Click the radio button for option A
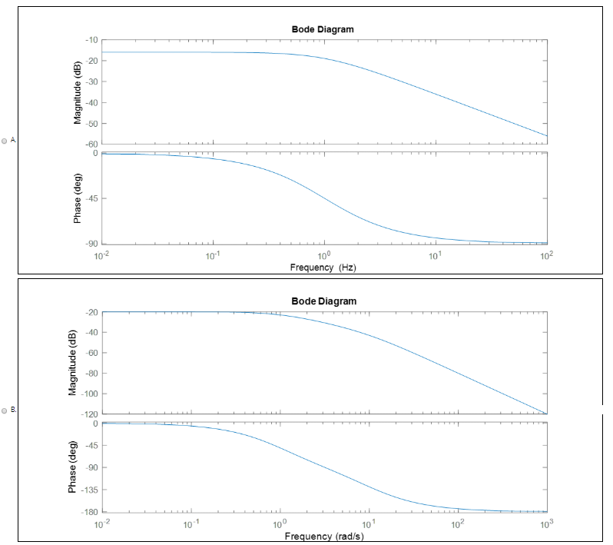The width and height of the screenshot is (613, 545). pyautogui.click(x=5, y=141)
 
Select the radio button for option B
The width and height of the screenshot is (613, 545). pyautogui.click(x=5, y=410)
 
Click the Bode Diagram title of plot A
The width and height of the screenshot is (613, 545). pyautogui.click(x=323, y=29)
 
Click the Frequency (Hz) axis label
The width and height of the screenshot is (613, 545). pyautogui.click(x=323, y=268)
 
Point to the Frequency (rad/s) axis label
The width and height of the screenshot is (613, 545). pyautogui.click(x=323, y=536)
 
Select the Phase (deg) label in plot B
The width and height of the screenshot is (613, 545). pyautogui.click(x=72, y=467)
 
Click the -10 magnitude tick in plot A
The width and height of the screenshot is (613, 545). pyautogui.click(x=91, y=39)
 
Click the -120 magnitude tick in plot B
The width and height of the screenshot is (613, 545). pyautogui.click(x=88, y=414)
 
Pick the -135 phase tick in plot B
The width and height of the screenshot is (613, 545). pyautogui.click(x=89, y=490)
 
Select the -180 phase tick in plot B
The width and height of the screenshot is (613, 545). pyautogui.click(x=89, y=512)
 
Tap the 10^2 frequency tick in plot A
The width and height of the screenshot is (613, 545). pyautogui.click(x=546, y=254)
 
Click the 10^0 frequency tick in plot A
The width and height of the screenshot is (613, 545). pyautogui.click(x=324, y=254)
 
